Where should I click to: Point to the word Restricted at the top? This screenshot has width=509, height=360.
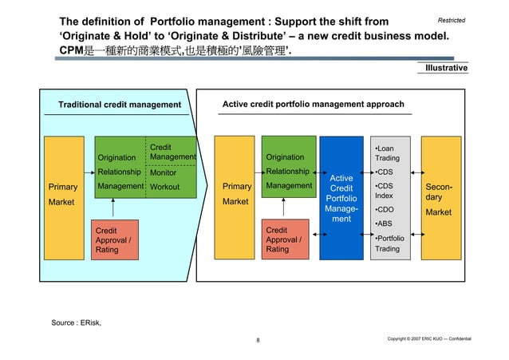pos(452,18)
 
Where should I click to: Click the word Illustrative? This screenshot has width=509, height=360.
pos(447,69)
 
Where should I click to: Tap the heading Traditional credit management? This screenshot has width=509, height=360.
pos(120,105)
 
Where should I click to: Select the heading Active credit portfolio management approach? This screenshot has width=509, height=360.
pos(313,105)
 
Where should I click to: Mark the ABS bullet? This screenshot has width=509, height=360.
pos(384,224)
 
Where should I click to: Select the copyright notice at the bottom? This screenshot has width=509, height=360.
pos(428,339)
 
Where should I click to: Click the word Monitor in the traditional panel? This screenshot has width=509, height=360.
pos(164,172)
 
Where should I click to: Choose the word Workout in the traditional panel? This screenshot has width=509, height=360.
pos(165,187)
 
